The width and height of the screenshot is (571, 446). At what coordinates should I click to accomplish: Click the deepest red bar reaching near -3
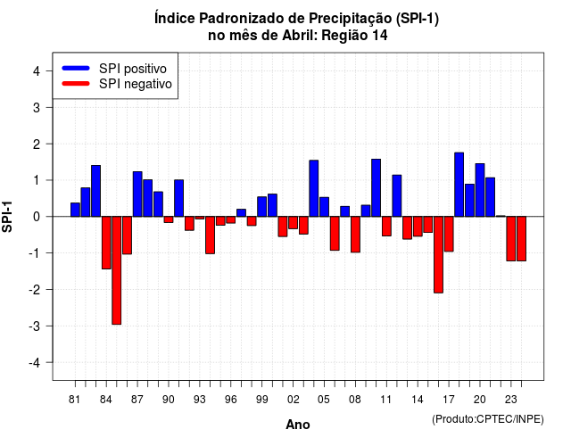117,270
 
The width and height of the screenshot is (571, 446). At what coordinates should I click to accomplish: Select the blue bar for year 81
75,210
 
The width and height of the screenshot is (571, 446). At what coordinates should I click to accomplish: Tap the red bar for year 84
106,243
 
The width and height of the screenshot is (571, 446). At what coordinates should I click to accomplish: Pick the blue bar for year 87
137,194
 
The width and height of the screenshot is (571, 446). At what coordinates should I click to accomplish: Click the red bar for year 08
355,234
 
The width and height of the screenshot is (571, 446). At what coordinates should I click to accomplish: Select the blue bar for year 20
480,190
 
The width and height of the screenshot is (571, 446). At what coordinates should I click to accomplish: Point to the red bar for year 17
449,234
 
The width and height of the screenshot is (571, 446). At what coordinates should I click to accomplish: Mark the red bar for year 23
511,238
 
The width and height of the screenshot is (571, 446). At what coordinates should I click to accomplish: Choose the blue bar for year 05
324,207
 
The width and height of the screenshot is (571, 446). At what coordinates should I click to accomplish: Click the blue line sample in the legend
76,68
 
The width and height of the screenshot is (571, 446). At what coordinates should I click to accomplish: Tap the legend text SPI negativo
135,84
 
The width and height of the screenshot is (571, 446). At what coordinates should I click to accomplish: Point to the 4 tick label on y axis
37,71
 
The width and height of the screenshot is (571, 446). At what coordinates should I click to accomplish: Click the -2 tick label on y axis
35,290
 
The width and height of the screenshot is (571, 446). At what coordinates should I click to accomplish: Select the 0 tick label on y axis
37,217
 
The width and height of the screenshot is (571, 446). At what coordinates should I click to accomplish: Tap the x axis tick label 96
230,400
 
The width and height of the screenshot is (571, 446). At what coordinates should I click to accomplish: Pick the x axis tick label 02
294,400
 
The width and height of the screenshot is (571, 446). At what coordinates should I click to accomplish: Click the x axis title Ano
297,425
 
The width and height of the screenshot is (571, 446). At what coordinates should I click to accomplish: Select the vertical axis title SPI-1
7,217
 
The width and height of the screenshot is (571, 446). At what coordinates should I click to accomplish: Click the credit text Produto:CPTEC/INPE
488,419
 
